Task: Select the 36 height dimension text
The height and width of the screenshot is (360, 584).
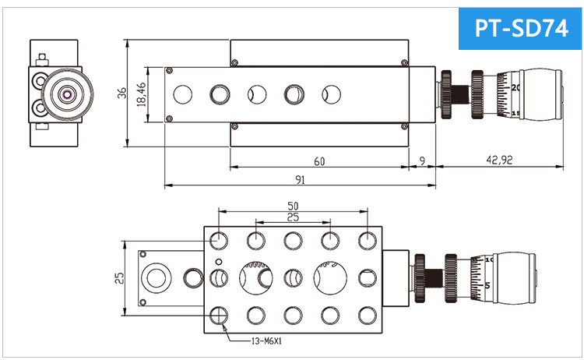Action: [x=121, y=93]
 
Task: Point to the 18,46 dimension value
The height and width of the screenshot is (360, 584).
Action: [x=142, y=94]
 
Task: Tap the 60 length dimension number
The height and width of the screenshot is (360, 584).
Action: [x=319, y=161]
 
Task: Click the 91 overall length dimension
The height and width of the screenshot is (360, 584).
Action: [x=300, y=180]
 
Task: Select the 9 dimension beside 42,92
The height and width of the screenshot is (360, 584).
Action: [x=422, y=161]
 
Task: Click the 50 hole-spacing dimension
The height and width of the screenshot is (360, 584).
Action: [x=293, y=206]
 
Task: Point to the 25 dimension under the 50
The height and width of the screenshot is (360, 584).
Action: [x=293, y=217]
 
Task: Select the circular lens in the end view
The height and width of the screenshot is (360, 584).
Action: [x=67, y=94]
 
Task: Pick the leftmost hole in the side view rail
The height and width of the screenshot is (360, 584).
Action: [x=183, y=94]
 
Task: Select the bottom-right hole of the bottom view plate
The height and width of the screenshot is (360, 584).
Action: [x=366, y=315]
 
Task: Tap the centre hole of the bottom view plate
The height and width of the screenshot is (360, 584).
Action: [x=293, y=277]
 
